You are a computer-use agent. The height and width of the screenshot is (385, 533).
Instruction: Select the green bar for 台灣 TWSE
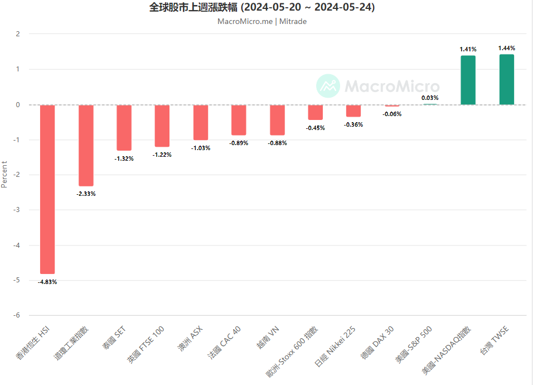(x=506, y=79)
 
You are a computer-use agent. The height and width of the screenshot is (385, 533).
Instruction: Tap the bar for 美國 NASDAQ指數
(x=468, y=80)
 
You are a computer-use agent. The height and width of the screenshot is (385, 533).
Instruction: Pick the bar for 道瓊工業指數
(x=86, y=145)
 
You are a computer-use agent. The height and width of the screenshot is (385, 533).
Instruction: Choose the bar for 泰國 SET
(x=124, y=127)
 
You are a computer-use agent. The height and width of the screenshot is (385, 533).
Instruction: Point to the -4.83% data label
(x=47, y=282)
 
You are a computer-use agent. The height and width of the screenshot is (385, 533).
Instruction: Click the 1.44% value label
(x=506, y=48)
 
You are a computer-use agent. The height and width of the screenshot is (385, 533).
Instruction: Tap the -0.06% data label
(x=392, y=114)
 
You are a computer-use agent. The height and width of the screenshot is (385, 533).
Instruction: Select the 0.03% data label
(x=430, y=98)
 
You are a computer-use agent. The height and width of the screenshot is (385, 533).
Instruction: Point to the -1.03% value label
(x=201, y=148)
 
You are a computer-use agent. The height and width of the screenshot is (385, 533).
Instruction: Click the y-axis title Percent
(x=4, y=174)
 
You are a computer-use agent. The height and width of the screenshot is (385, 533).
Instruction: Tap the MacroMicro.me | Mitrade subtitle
(x=262, y=21)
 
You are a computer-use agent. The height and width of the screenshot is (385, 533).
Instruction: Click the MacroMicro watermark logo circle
(x=328, y=86)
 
